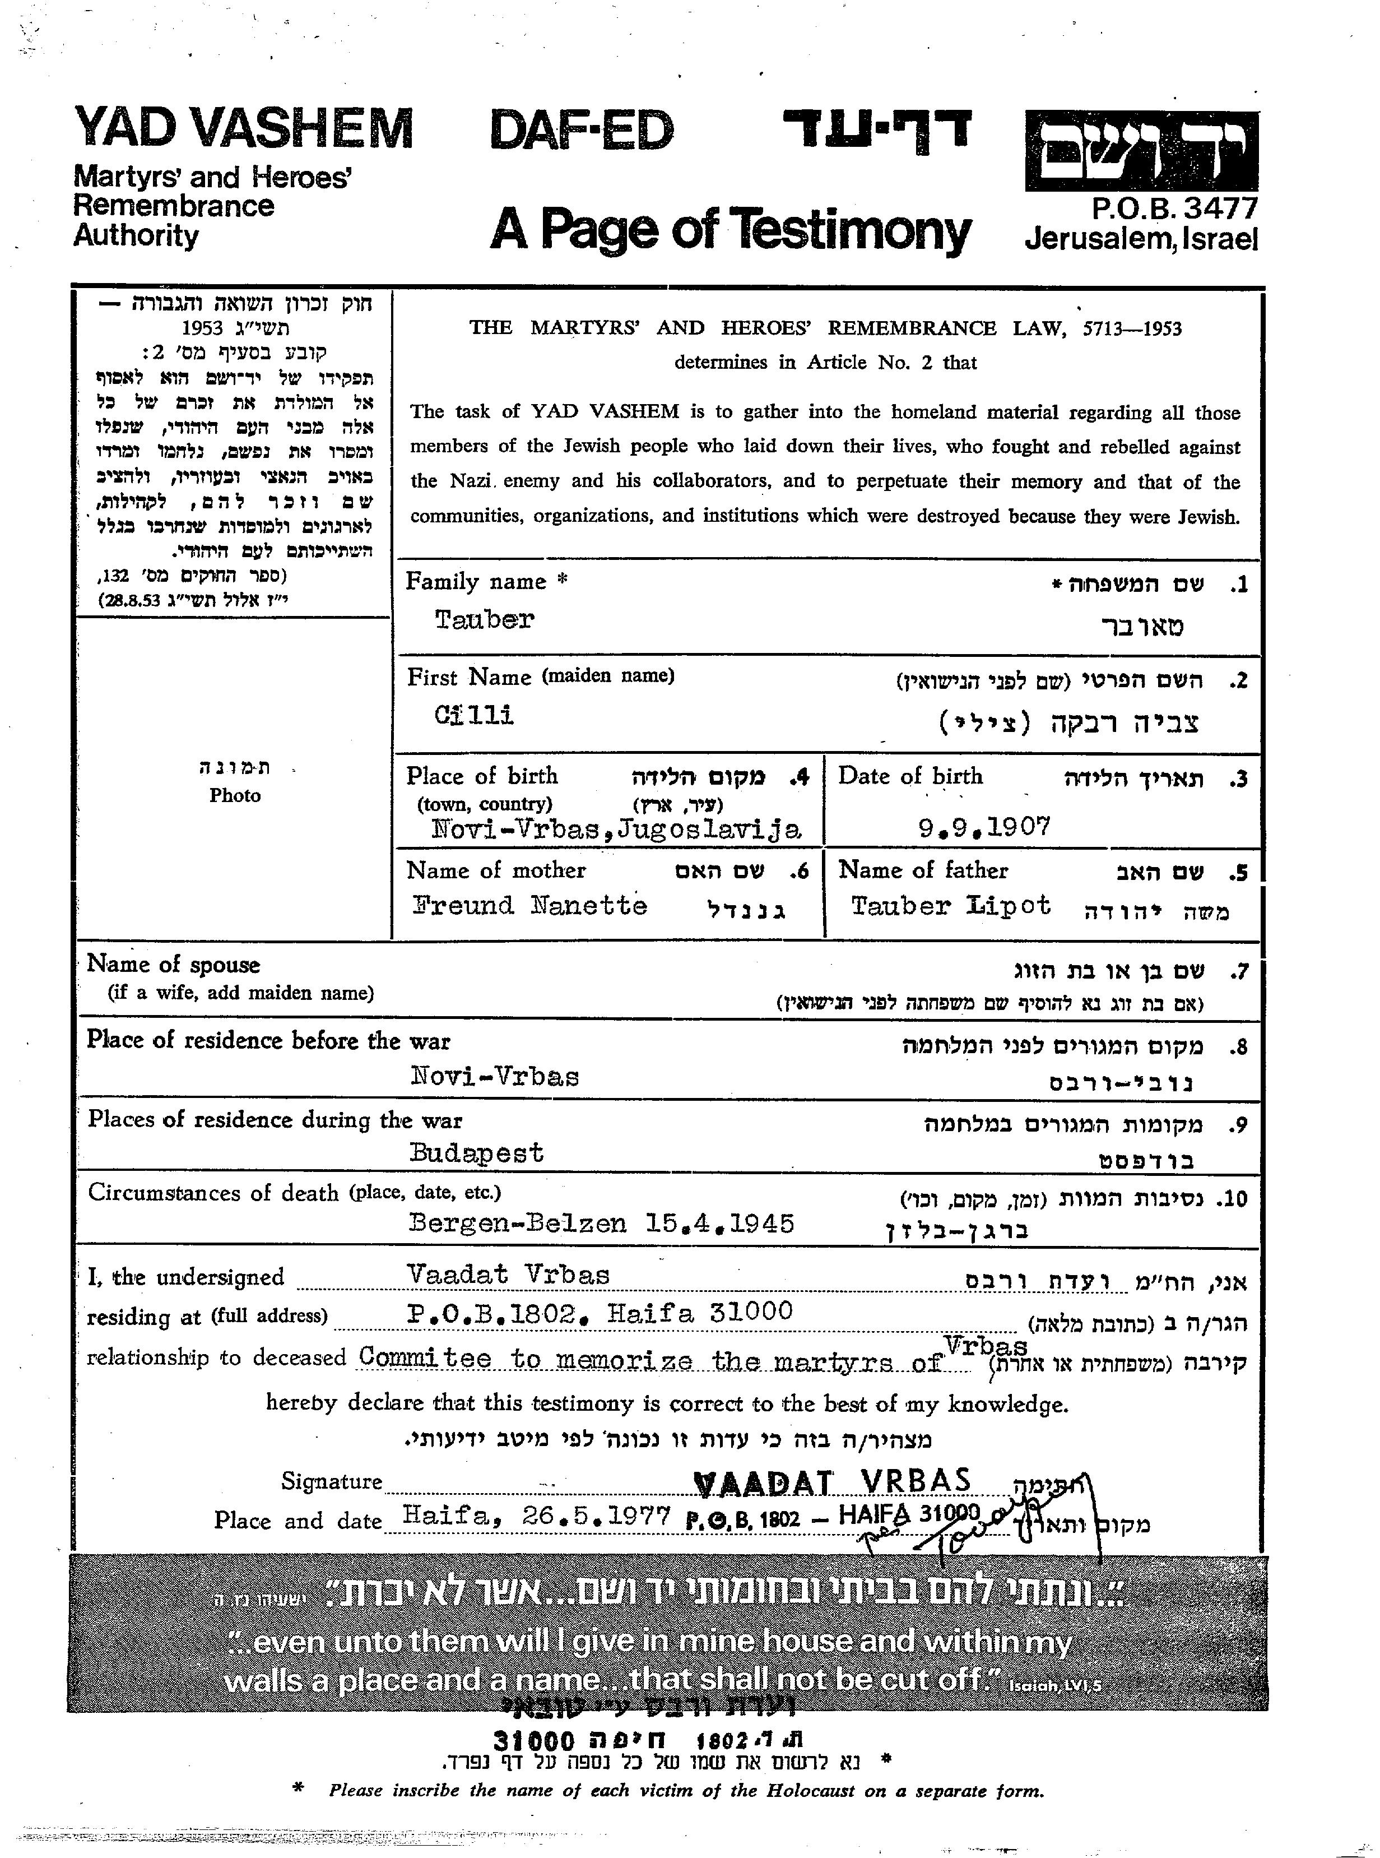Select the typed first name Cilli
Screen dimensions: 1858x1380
pyautogui.click(x=473, y=715)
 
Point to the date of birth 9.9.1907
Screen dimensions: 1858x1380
pyautogui.click(x=983, y=827)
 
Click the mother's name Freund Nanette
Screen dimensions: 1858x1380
pyautogui.click(x=529, y=906)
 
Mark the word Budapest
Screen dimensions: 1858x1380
pyautogui.click(x=476, y=1153)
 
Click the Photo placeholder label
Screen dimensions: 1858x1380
pyautogui.click(x=235, y=795)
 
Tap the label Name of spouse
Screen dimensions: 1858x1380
pyautogui.click(x=173, y=965)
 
